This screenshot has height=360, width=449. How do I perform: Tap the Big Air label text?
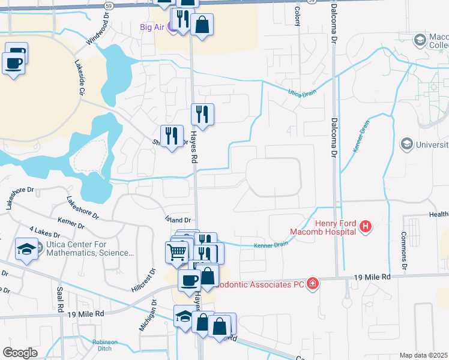click(153, 26)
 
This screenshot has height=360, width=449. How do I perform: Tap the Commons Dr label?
click(404, 250)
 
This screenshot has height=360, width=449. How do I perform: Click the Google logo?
click(20, 352)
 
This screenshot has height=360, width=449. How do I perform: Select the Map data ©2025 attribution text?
click(423, 355)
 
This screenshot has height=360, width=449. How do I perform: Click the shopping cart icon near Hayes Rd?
click(176, 251)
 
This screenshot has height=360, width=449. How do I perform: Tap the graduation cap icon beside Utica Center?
click(26, 248)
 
